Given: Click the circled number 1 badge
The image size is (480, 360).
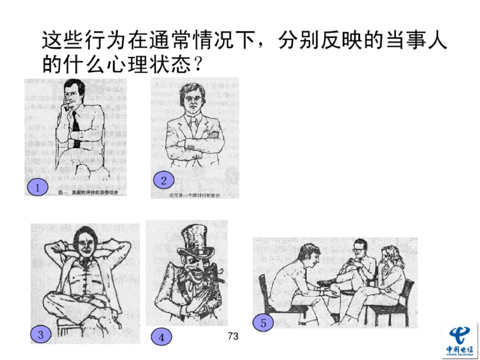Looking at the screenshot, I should click(x=37, y=188).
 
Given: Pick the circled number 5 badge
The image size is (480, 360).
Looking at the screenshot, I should click(x=262, y=323).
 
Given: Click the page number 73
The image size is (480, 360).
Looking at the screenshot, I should click(x=233, y=336).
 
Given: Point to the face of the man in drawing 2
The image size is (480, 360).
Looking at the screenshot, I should click(x=191, y=101).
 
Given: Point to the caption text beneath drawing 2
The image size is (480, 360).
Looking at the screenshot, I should click(x=191, y=196).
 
